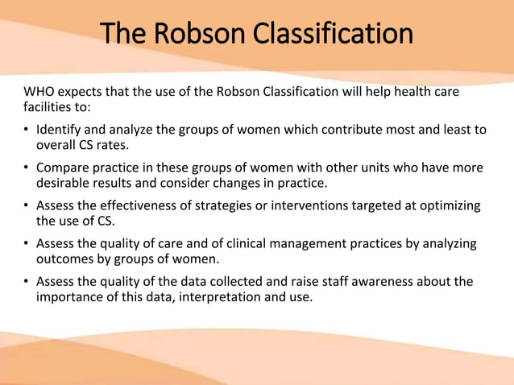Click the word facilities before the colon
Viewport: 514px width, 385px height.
[x=49, y=106]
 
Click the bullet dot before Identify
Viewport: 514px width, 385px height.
[x=27, y=130]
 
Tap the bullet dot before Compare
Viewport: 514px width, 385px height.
[x=27, y=168]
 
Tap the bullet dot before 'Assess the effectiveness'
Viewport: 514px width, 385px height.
[x=27, y=205]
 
